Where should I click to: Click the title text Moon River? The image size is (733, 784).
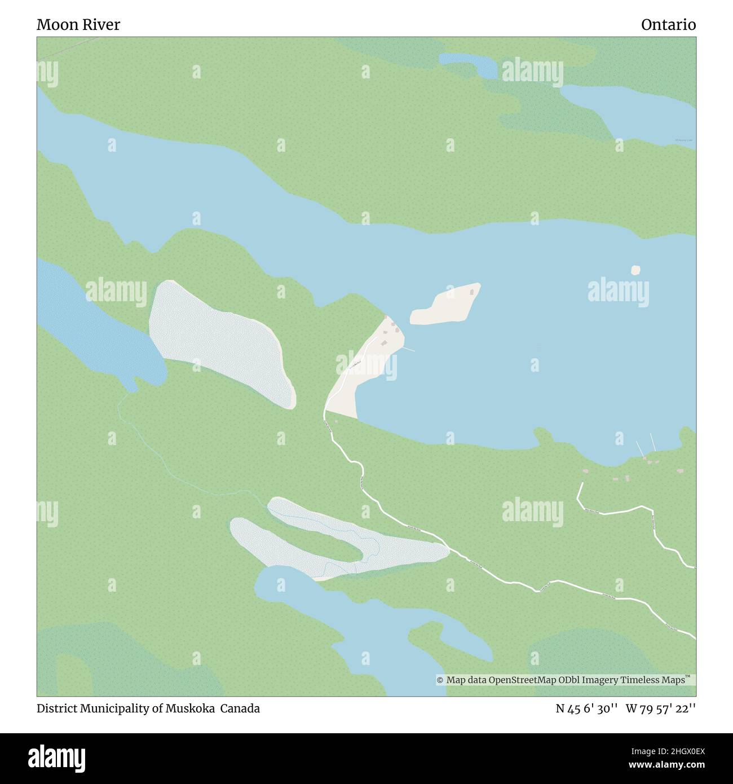coord(78,25)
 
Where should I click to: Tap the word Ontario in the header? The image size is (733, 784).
coord(668,25)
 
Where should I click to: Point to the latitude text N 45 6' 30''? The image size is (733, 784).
coord(586,708)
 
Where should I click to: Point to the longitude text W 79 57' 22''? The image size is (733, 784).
coord(660,708)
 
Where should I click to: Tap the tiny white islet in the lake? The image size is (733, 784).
coord(635,270)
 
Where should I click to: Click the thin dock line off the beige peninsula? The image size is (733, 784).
coord(408,349)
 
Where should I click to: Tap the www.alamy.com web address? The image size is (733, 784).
coord(663,765)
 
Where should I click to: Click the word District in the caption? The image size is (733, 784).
coord(56,708)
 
